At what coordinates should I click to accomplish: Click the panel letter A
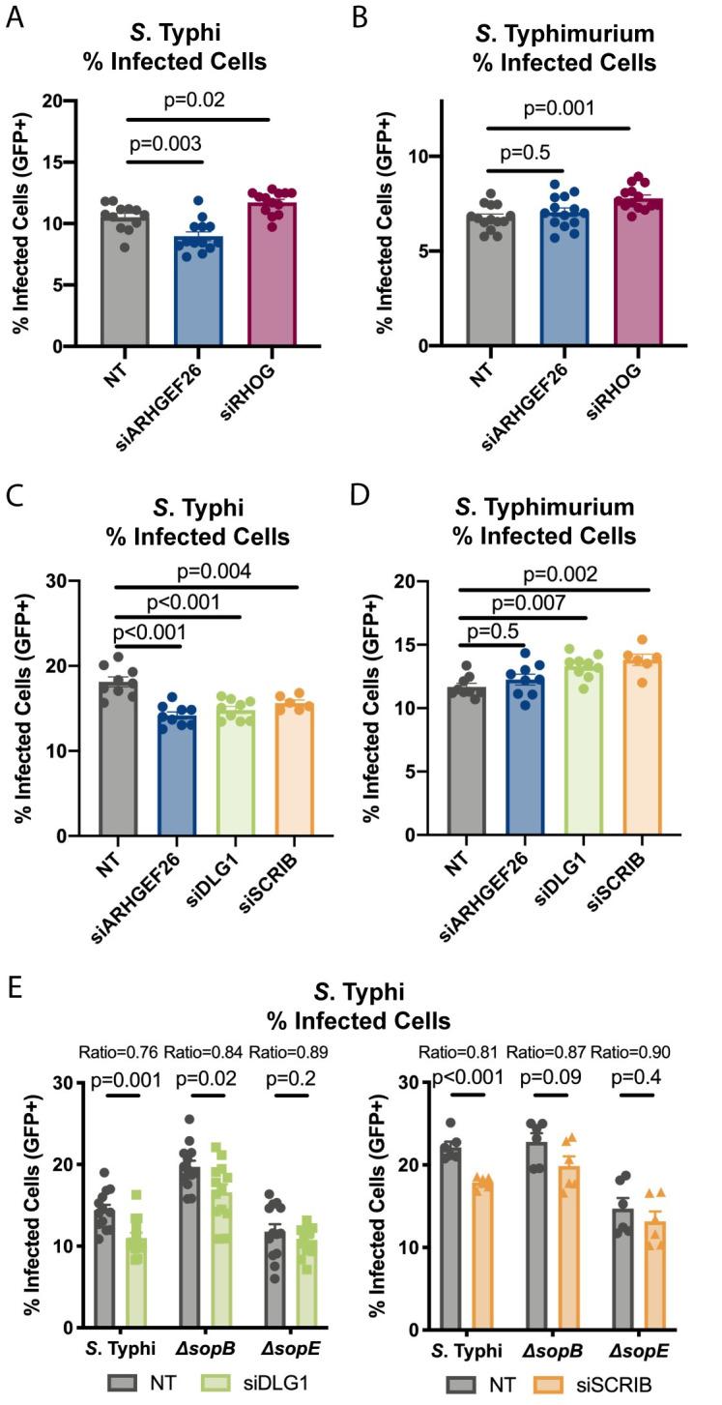(x=14, y=17)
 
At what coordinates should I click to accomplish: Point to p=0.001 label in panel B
(x=559, y=110)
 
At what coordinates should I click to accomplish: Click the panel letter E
(x=14, y=992)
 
